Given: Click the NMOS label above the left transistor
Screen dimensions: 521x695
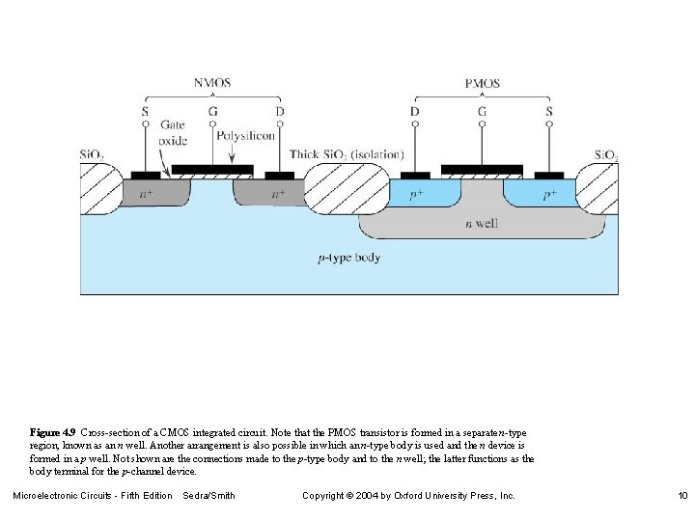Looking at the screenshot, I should click(212, 84).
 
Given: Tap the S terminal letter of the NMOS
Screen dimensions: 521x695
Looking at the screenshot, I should click(145, 111).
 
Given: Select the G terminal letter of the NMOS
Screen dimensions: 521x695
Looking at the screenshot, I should click(212, 111).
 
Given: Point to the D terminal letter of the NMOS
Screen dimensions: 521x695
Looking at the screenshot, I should click(279, 111).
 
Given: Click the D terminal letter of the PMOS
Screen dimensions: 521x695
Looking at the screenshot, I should click(414, 111).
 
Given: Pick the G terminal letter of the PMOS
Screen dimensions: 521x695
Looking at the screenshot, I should click(482, 111).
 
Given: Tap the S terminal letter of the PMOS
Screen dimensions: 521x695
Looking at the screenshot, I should click(549, 111).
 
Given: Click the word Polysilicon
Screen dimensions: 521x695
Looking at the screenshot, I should click(246, 136).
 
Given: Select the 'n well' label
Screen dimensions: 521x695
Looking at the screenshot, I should click(483, 223).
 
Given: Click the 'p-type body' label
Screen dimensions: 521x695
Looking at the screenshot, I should click(348, 258).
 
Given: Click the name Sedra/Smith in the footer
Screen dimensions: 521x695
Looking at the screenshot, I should click(208, 495).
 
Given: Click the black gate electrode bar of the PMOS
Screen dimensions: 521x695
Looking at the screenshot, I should click(482, 170).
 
